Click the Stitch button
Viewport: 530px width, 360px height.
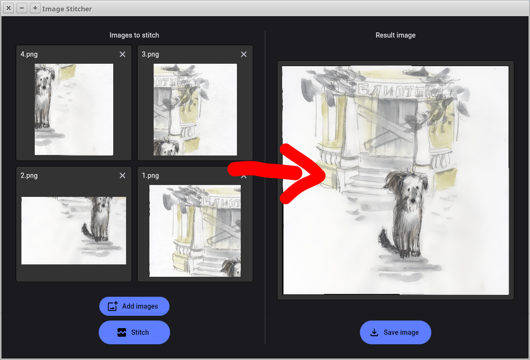click(x=134, y=332)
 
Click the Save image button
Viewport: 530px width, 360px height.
click(x=395, y=332)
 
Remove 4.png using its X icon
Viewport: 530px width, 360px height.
click(x=122, y=54)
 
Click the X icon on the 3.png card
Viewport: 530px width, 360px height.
click(x=244, y=54)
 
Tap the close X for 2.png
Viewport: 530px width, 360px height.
click(x=122, y=175)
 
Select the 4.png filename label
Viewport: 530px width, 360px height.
click(x=29, y=54)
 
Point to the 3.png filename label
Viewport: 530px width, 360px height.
click(x=150, y=54)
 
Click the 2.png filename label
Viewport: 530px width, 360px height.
click(x=29, y=175)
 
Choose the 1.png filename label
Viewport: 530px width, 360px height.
click(x=150, y=175)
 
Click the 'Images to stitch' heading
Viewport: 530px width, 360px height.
click(x=134, y=35)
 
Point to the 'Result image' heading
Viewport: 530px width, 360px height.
click(x=395, y=35)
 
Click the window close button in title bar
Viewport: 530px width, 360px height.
click(x=9, y=8)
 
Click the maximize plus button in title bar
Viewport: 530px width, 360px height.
click(x=35, y=8)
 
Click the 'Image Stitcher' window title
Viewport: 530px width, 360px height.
click(x=67, y=9)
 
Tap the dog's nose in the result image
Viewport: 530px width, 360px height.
click(x=412, y=201)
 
